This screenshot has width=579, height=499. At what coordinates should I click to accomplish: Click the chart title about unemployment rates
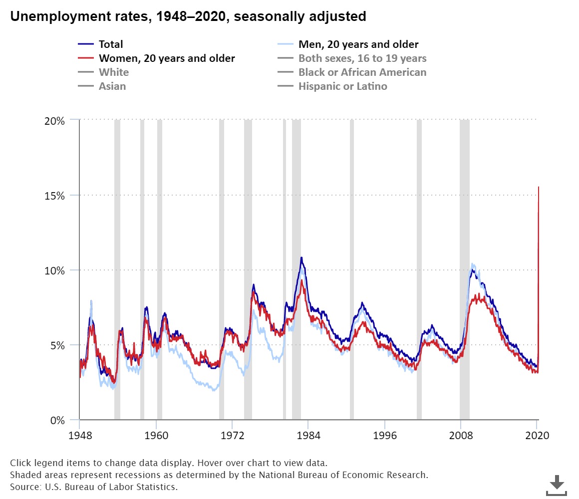tap(188, 16)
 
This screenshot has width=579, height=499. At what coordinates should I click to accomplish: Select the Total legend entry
tap(110, 44)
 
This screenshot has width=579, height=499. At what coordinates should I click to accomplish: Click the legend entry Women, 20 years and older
tap(166, 58)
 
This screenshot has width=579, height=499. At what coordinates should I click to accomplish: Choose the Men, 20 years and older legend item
tap(358, 44)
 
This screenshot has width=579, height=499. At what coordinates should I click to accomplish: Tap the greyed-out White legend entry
tap(113, 72)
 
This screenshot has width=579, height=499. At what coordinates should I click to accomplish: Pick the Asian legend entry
tap(112, 86)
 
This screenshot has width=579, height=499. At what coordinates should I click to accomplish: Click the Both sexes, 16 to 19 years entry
tap(362, 58)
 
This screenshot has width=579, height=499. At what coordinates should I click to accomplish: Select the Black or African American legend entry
tap(362, 72)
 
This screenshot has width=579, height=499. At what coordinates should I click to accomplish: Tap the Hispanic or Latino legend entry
tap(342, 86)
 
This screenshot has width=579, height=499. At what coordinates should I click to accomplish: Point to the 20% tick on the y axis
tap(54, 120)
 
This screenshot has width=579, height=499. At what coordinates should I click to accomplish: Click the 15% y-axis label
tap(54, 195)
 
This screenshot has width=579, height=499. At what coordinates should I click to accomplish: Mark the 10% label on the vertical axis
tap(54, 270)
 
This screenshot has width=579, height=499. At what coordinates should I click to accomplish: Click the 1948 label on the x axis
tap(79, 435)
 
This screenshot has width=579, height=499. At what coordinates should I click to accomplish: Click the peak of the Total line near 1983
tap(301, 258)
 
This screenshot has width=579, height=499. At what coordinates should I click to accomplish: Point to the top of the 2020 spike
tap(538, 187)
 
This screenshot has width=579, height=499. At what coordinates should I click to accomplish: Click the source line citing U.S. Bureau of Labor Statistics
tap(94, 486)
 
